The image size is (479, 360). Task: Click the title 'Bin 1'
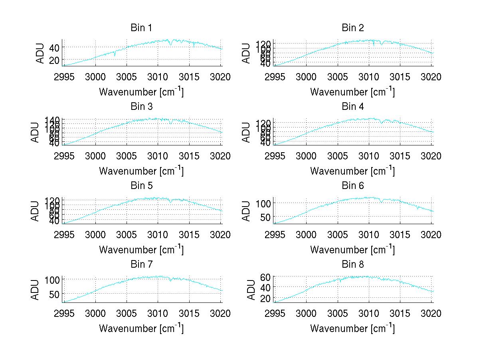click(141, 28)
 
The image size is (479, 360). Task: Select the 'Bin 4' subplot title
click(352, 107)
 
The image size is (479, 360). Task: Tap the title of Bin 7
click(141, 265)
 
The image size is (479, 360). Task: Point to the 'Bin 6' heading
click(352, 186)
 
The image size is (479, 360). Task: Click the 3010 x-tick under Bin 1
click(158, 77)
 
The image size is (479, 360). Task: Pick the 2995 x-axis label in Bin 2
click(275, 77)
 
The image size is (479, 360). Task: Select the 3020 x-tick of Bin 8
click(431, 313)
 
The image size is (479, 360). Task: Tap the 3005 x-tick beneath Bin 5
click(127, 235)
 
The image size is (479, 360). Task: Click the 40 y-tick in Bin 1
click(54, 48)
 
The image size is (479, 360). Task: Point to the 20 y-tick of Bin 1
click(54, 60)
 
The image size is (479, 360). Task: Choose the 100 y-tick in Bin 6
click(263, 203)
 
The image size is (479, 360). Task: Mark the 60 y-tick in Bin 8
click(265, 276)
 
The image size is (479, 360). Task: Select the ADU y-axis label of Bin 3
click(35, 132)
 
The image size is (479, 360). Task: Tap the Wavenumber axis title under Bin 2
click(352, 92)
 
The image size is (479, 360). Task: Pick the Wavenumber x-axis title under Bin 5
click(141, 250)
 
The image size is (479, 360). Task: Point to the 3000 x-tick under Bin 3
click(95, 156)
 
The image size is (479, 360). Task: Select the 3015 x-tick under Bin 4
click(400, 156)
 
